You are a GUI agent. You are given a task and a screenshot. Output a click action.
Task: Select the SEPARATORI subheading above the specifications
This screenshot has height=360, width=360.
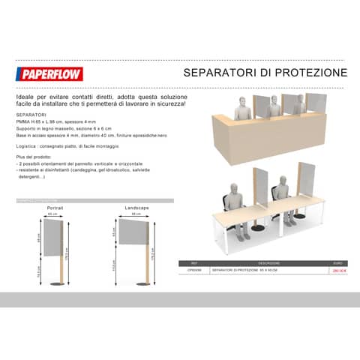point(31,116)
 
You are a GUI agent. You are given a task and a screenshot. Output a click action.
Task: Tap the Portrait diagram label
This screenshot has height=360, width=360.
point(54,206)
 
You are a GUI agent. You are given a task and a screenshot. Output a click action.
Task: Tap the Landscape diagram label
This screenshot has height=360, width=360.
point(137,206)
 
